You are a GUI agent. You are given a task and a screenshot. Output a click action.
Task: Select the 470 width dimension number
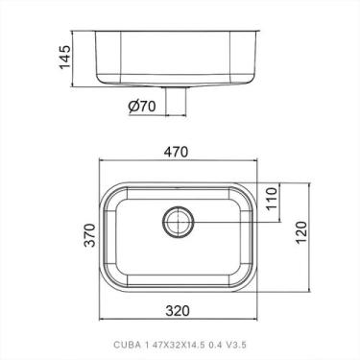tap(180, 153)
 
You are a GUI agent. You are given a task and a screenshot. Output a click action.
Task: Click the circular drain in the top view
tap(177, 223)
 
